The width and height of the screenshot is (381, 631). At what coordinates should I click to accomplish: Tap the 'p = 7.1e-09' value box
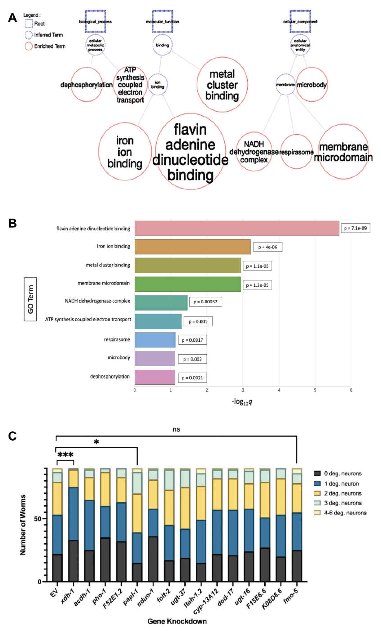click(x=355, y=228)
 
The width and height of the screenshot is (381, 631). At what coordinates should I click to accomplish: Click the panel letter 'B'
click(x=12, y=223)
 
